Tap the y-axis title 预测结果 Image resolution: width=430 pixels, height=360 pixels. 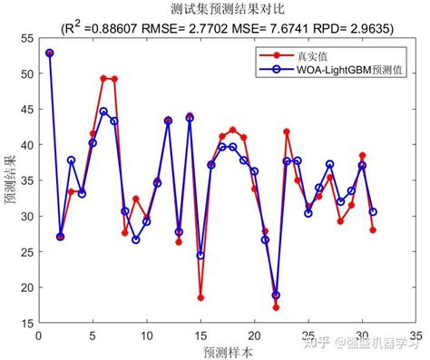click(x=10, y=182)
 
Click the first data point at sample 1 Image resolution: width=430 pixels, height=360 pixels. click(x=50, y=53)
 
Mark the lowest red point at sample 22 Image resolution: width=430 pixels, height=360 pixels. click(x=276, y=307)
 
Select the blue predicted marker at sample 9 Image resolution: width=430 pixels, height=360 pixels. click(x=136, y=239)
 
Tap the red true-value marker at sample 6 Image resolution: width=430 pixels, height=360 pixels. click(x=103, y=79)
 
